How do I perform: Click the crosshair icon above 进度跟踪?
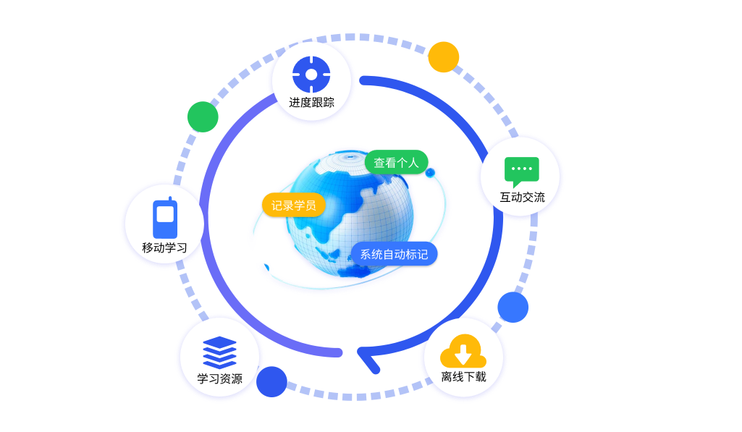pos(311,74)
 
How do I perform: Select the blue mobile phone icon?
pos(165,219)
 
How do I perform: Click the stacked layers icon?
pos(219,352)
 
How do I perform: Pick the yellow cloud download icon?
pos(463,351)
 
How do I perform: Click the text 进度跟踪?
pos(311,102)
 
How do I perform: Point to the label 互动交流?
pos(522,197)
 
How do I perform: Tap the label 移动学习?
pos(164,247)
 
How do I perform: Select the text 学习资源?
pos(219,378)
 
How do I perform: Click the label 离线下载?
pos(463,376)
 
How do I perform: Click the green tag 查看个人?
pos(396,163)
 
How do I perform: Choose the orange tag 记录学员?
pos(293,206)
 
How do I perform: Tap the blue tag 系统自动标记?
pos(394,254)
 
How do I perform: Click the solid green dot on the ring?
pos(203,117)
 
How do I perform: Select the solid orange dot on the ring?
pos(443,57)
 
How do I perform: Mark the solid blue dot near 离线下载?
pos(513,307)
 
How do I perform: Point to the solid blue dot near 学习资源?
pos(271,381)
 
